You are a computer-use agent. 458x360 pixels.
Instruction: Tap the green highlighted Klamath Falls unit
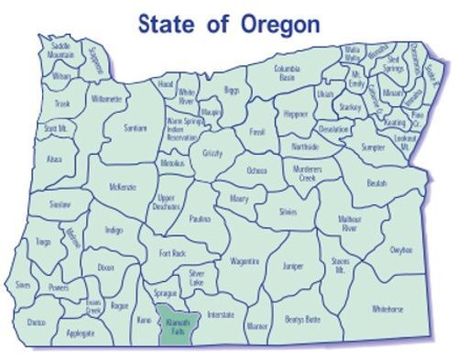pyautogui.click(x=170, y=324)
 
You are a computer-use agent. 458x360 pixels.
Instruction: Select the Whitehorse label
pyautogui.click(x=388, y=310)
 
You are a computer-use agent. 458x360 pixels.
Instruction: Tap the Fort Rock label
pyautogui.click(x=172, y=252)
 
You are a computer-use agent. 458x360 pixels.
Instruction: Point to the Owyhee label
pyautogui.click(x=401, y=249)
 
